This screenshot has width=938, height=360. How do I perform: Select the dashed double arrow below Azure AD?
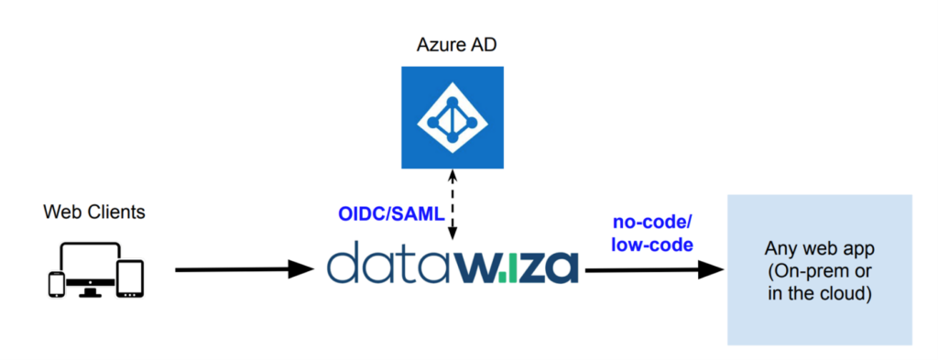coord(453,207)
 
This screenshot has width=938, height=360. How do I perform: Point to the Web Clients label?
coord(94,213)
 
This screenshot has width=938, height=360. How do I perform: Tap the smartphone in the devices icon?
coord(57,284)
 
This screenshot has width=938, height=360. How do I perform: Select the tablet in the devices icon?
coord(131,278)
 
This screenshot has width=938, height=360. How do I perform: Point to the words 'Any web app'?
coord(819,249)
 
